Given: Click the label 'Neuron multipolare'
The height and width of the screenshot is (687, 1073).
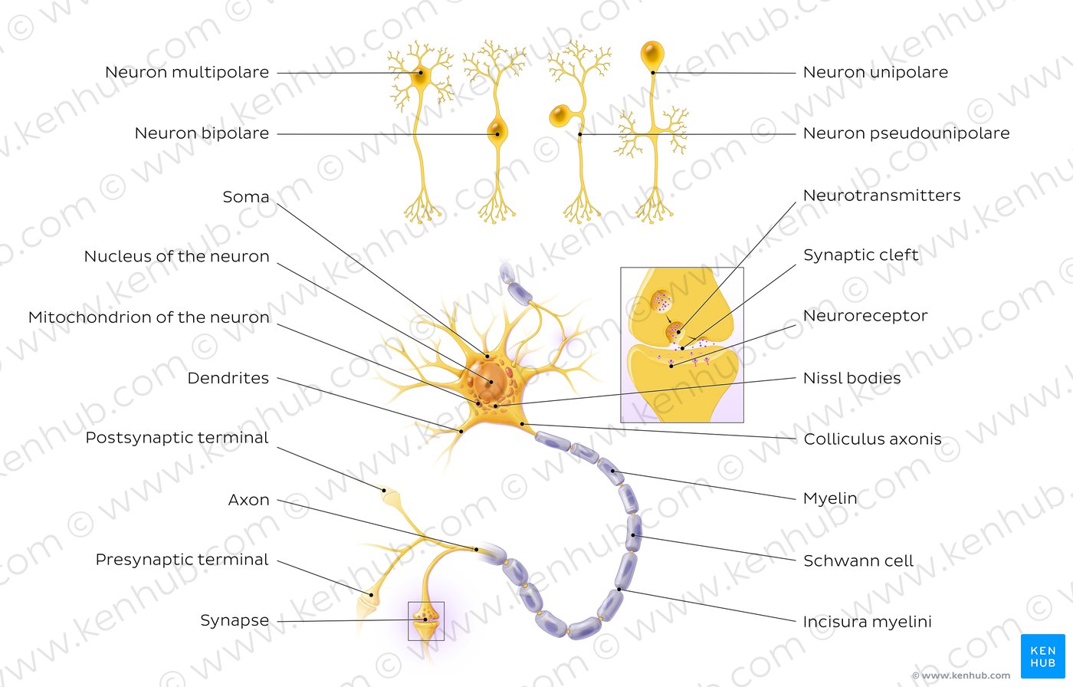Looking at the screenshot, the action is coord(187,72).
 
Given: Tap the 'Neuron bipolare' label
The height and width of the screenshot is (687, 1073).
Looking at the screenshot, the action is coord(202,133).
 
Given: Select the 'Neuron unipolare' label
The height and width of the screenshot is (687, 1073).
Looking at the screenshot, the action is coord(875,72).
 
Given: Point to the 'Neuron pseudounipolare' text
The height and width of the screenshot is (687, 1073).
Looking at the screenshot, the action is coord(906,133).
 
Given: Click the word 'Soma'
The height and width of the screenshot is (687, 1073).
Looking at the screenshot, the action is coord(246,197).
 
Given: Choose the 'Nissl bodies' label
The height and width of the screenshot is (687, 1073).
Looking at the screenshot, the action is coord(852,378).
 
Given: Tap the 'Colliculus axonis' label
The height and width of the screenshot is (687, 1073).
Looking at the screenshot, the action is coord(872,439).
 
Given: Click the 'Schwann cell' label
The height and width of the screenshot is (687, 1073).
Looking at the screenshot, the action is coord(858,560).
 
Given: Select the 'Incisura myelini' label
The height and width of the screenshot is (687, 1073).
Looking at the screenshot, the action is coord(867,622).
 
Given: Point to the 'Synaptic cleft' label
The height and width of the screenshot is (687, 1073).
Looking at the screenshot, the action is coord(861,255).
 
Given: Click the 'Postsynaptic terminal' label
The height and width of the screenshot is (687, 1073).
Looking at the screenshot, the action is coord(177,438).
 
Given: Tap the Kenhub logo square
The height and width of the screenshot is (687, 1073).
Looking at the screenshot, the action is coord(1043,656).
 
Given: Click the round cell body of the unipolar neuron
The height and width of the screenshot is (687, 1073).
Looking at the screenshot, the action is coord(652,54).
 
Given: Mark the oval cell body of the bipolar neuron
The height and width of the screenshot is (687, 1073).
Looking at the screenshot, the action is coord(497,131).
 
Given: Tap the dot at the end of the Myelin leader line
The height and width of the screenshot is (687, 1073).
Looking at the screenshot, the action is coord(612,472).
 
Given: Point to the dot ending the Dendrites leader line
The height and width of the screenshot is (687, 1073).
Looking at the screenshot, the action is coord(461,431).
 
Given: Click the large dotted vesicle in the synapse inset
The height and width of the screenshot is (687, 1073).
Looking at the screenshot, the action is coord(661,302).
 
